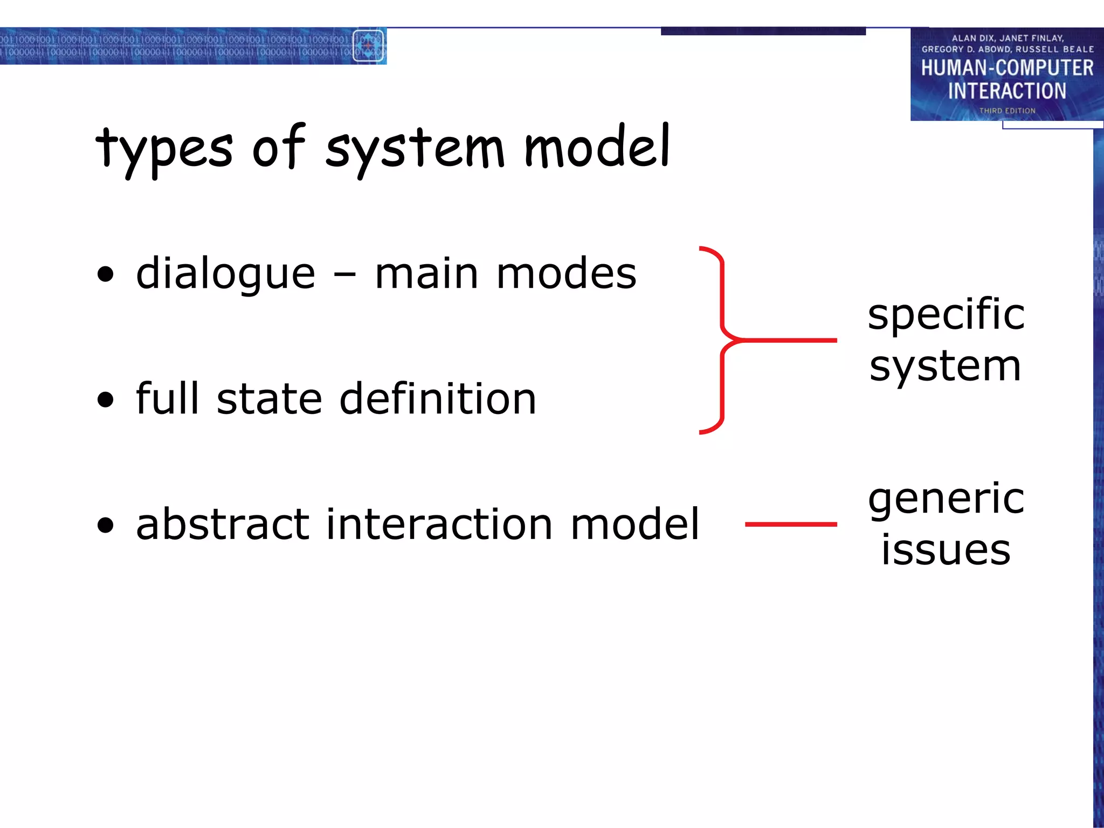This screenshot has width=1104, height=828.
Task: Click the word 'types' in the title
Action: point(164,149)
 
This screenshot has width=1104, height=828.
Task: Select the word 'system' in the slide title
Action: point(415,149)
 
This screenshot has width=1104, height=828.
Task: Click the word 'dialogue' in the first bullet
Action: point(225,274)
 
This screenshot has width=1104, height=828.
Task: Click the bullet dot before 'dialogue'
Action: point(106,274)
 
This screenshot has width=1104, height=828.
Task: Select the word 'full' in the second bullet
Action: point(168,398)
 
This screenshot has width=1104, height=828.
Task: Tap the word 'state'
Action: point(270,399)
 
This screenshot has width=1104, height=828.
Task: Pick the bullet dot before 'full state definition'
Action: point(106,400)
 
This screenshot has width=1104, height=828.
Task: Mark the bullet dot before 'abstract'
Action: point(106,525)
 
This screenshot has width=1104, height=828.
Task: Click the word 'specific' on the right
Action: point(946,315)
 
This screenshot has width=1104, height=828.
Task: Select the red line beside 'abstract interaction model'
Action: point(791,524)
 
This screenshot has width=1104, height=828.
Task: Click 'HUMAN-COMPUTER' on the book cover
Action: point(1007,68)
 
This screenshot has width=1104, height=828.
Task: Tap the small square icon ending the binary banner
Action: point(368,46)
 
